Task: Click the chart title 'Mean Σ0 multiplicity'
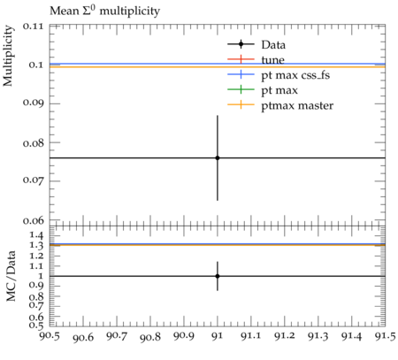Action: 104,11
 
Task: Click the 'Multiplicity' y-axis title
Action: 8,56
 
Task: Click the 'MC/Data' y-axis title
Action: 11,276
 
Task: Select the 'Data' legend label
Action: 273,45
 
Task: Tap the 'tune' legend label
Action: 272,60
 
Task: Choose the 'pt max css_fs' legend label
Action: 295,75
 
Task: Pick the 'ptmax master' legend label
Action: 297,105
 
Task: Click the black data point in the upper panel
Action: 218,158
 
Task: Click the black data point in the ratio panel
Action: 218,276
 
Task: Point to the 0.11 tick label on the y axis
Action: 33,27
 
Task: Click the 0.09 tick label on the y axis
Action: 33,103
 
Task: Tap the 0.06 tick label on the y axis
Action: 33,220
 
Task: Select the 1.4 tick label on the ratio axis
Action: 36,235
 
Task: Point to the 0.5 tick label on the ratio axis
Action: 36,325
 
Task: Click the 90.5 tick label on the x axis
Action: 50,336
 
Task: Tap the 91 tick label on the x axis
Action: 218,336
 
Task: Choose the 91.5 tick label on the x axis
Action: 385,336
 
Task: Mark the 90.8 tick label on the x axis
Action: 150,336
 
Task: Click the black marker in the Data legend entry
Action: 241,44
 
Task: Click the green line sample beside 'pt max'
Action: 241,89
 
